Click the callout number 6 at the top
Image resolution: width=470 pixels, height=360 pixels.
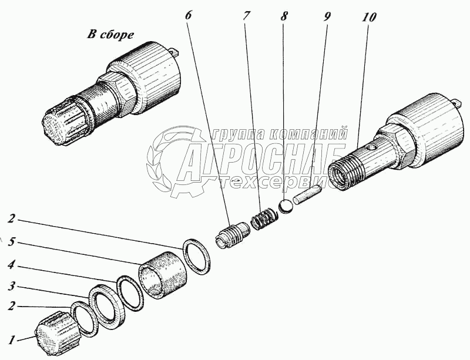(188, 15)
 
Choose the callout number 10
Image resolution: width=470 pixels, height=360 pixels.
(370, 16)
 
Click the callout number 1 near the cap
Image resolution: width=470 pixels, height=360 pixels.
(10, 339)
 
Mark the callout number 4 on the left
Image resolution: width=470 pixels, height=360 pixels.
(11, 264)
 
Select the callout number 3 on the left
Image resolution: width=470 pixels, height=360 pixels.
(11, 287)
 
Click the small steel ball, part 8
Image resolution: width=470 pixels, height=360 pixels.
(286, 207)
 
